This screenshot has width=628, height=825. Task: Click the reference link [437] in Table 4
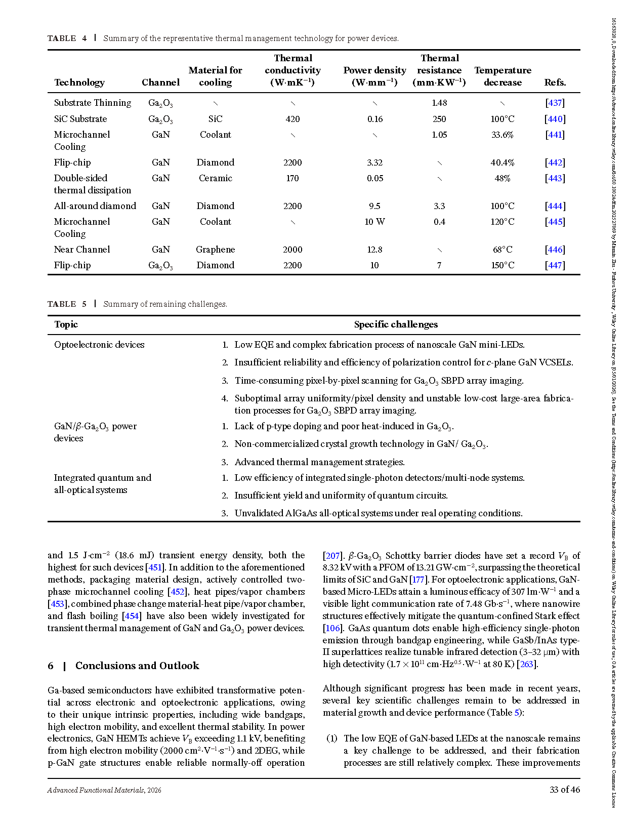tap(555, 103)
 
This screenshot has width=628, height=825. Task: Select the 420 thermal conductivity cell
tap(292, 119)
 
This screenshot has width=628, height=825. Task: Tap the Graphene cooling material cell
tap(216, 250)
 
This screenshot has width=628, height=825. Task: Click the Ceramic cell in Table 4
tap(216, 178)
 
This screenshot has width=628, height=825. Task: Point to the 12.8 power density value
tap(374, 250)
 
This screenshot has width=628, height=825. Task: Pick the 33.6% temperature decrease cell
tap(503, 135)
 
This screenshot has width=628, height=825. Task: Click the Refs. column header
tap(555, 82)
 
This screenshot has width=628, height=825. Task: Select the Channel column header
tap(160, 82)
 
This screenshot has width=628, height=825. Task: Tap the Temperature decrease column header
tap(503, 76)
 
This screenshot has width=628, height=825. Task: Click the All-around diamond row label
tap(95, 206)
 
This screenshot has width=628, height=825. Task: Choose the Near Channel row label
tap(82, 250)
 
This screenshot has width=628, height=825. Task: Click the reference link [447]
tap(555, 265)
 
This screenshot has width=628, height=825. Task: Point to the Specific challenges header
tap(396, 324)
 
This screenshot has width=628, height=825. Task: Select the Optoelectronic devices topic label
tap(99, 345)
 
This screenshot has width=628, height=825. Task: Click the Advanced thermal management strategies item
tap(319, 462)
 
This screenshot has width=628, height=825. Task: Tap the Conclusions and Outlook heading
tap(137, 666)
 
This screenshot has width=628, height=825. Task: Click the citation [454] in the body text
tap(132, 616)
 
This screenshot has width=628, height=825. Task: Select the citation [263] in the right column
tap(527, 664)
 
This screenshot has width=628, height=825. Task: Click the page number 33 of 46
tap(565, 790)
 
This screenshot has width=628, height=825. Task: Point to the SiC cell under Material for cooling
tap(216, 119)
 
